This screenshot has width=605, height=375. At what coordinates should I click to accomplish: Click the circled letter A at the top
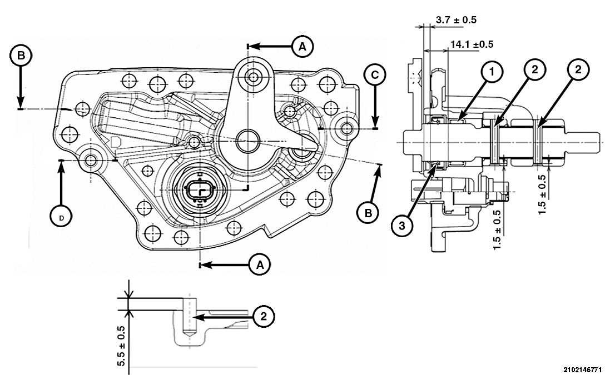pyautogui.click(x=302, y=47)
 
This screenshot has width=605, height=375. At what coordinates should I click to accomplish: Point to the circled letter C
pyautogui.click(x=375, y=74)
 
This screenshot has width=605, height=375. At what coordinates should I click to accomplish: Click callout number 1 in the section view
pyautogui.click(x=492, y=71)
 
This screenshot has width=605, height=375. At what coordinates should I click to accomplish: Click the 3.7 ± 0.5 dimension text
pyautogui.click(x=456, y=20)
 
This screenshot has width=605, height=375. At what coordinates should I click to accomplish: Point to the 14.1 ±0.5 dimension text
pyautogui.click(x=472, y=44)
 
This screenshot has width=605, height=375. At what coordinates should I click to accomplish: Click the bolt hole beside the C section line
pyautogui.click(x=348, y=128)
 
